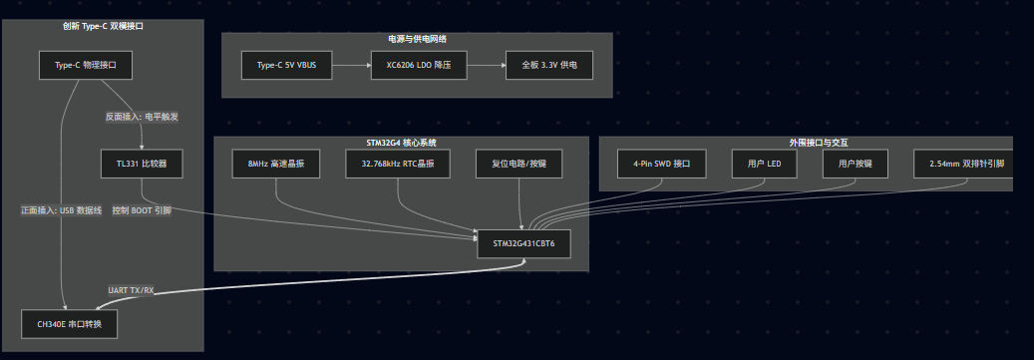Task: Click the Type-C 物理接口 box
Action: click(85, 65)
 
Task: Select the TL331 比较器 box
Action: click(142, 164)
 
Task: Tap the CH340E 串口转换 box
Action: click(69, 324)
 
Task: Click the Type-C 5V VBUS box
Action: click(286, 65)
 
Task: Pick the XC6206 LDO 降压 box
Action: click(419, 65)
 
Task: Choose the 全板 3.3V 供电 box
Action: click(548, 65)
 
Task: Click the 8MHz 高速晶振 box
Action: click(275, 164)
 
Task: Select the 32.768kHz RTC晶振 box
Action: click(398, 164)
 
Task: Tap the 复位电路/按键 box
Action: click(518, 164)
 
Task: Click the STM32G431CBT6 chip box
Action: click(523, 244)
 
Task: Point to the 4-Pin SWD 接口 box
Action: click(661, 164)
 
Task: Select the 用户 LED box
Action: click(765, 164)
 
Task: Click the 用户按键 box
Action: click(856, 164)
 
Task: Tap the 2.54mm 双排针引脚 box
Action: click(963, 164)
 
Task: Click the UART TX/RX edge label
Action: click(131, 290)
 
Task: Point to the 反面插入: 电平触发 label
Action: click(142, 117)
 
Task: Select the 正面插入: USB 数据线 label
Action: click(61, 210)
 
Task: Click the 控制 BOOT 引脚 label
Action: click(142, 210)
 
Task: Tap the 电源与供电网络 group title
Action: click(418, 39)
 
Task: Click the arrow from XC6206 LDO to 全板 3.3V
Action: click(486, 65)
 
